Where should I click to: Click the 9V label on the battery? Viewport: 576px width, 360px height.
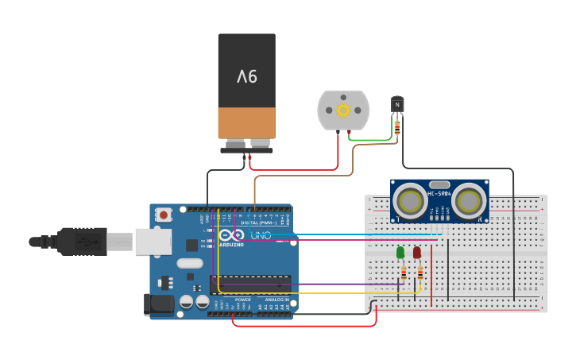pos(247,77)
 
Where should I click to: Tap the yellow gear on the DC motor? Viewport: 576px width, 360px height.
pos(343,110)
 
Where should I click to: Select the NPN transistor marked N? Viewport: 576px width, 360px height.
pos(397,104)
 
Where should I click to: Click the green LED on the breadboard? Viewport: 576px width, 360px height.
pos(400,253)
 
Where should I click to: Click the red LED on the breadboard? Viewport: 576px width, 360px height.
pos(417,253)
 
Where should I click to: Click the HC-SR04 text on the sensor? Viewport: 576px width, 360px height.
pos(439,194)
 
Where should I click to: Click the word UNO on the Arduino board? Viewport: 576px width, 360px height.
pos(261,236)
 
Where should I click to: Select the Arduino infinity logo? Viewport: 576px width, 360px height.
pos(231,236)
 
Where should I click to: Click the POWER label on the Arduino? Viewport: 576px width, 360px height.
pos(242,300)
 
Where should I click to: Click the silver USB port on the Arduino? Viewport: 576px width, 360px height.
pos(153,242)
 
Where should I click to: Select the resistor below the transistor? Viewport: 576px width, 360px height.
pos(397,126)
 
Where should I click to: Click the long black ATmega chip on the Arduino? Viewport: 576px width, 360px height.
pos(250,285)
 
